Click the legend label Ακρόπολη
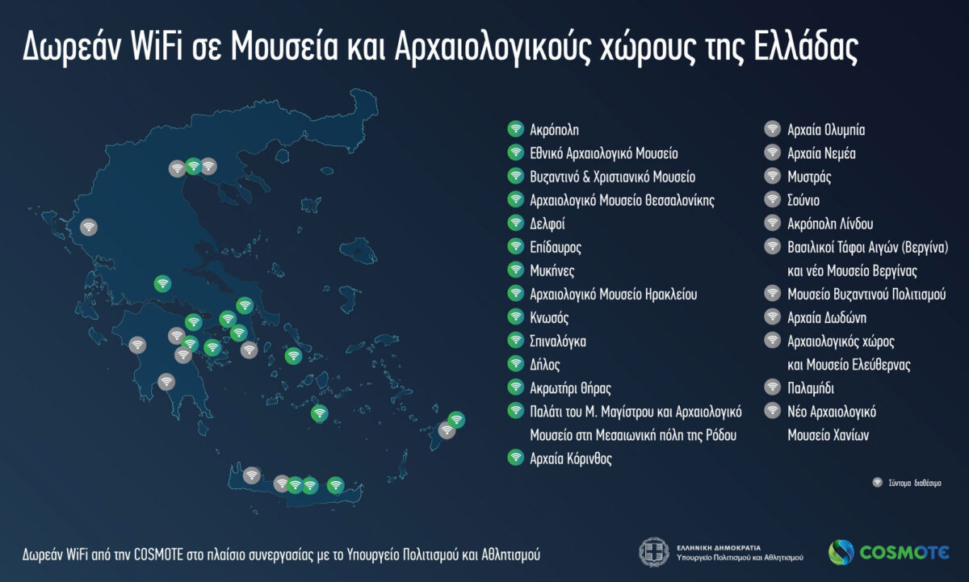tap(555, 129)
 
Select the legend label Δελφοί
tap(547, 223)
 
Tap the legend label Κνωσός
tap(549, 316)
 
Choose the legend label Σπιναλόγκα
tap(558, 341)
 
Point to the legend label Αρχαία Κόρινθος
tap(571, 458)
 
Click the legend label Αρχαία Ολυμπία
tap(826, 129)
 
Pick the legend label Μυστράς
tap(809, 176)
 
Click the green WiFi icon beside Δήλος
tap(515, 363)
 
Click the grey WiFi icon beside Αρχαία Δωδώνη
tap(773, 317)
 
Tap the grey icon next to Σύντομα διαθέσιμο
tap(877, 483)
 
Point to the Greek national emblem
tap(653, 552)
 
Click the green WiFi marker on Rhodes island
tap(456, 420)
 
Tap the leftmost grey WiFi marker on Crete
tap(252, 475)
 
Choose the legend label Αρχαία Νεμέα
tap(821, 153)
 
